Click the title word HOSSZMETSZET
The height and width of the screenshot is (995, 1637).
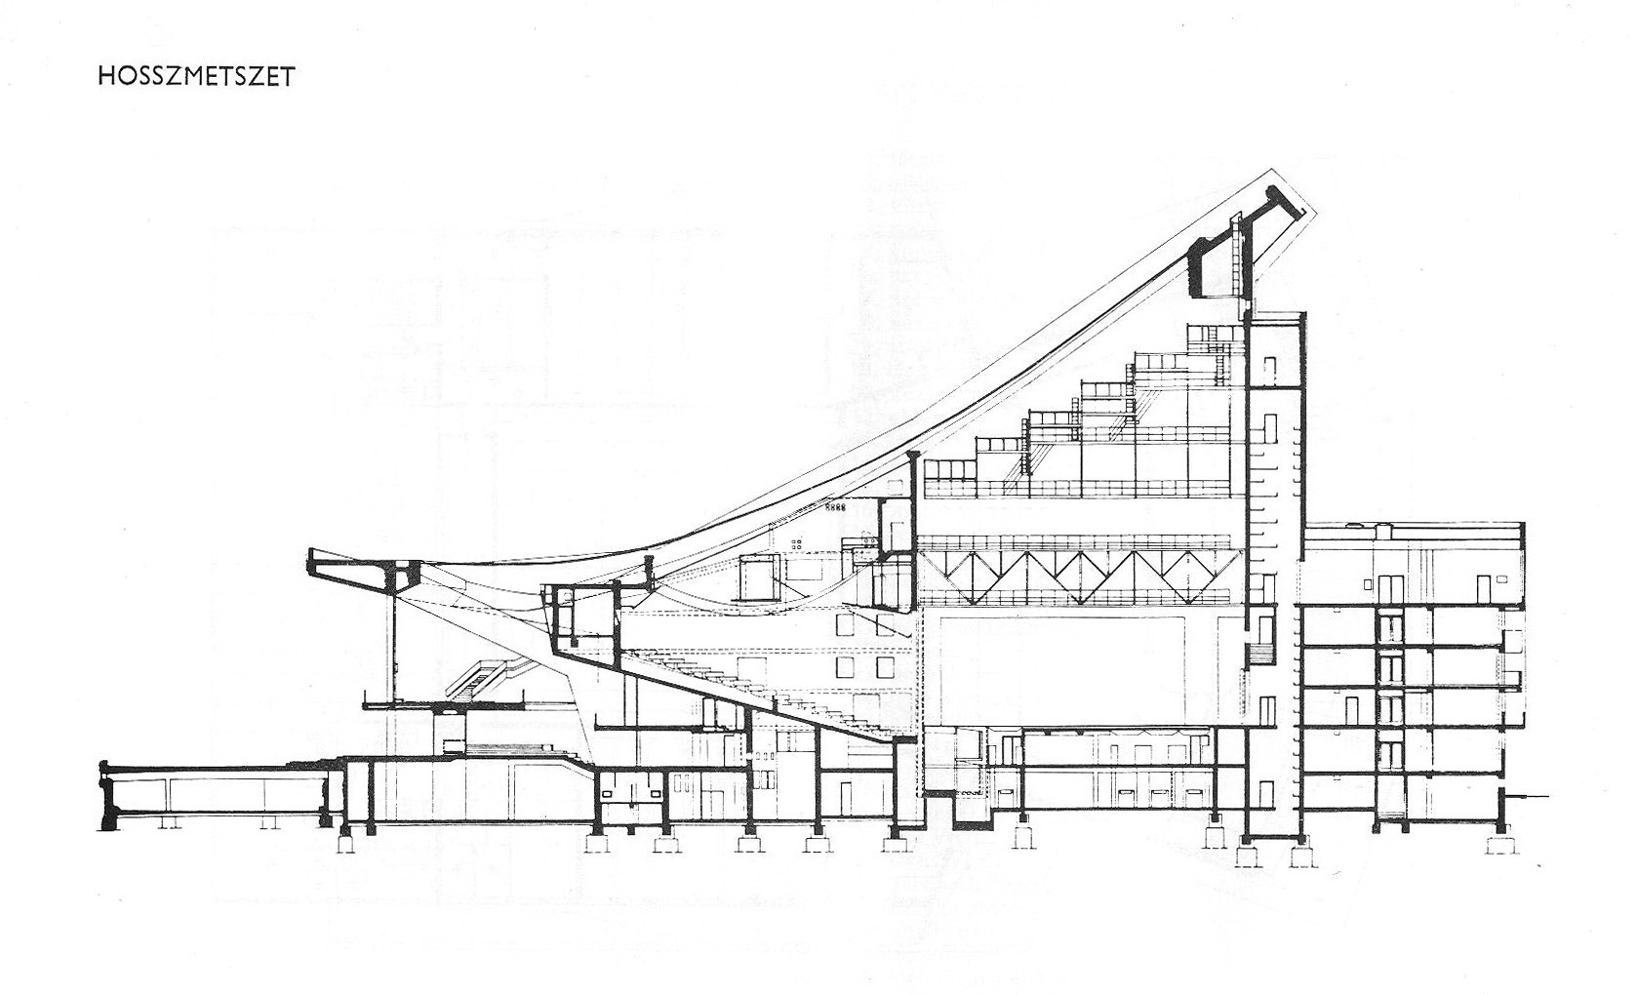coord(195,77)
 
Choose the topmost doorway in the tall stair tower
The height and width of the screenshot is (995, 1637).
coord(1270,370)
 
